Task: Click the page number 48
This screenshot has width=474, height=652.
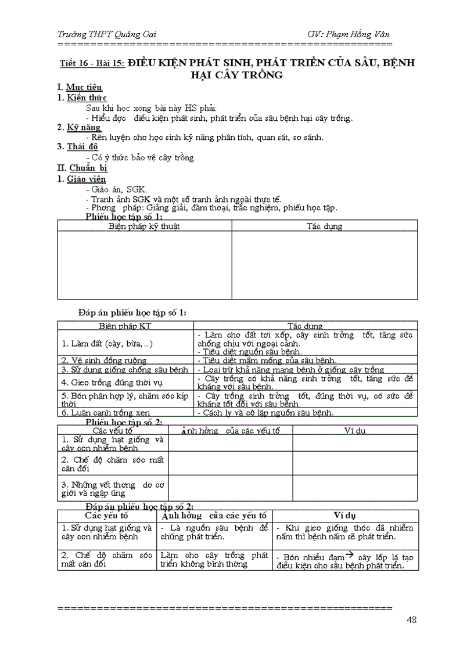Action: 411,619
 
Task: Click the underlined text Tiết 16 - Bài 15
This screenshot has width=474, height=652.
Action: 92,64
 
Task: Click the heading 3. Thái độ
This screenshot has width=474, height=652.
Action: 78,147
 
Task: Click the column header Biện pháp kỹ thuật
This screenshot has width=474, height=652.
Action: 144,226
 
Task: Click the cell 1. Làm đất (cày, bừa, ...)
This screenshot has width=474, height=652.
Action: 107,344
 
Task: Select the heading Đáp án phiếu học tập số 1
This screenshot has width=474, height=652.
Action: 132,313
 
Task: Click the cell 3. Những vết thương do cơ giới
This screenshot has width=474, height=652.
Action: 112,488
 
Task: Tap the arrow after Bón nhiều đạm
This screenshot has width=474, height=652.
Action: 343,556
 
